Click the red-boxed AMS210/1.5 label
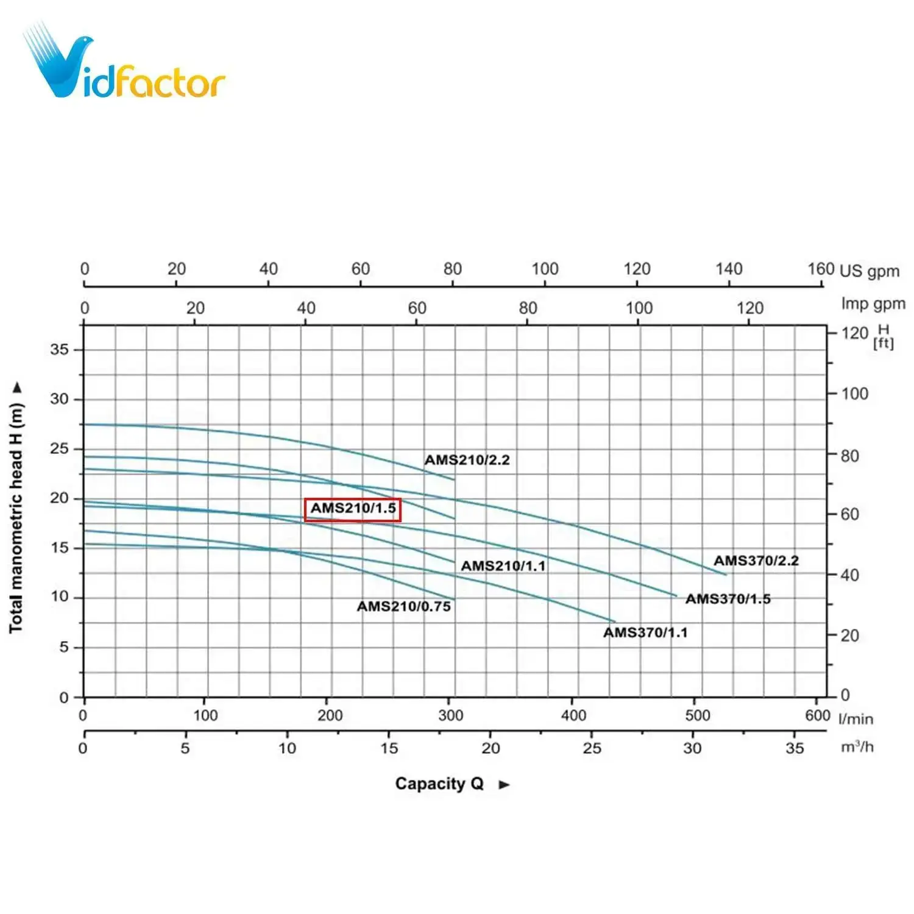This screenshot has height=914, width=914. coord(353,509)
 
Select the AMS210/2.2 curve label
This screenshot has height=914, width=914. coord(467,460)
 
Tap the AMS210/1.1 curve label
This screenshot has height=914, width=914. coord(503,566)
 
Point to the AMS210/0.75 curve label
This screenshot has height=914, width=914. coord(404,606)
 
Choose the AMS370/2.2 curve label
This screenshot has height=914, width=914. coord(756,561)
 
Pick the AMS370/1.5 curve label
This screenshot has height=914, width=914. coord(728,599)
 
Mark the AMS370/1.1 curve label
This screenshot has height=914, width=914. coord(645,632)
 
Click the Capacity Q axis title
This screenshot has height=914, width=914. coord(439,784)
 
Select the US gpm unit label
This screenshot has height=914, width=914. coord(869,271)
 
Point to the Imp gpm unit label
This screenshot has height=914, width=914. coord(873,303)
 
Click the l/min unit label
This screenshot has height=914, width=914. coord(856,719)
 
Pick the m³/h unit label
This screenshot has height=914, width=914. coord(857,746)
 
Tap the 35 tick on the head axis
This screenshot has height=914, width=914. coord(59,350)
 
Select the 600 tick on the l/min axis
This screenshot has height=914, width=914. coord(817,715)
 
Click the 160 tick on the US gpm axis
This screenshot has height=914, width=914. coord(820,269)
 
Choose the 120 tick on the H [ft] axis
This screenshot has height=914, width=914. coord(854,333)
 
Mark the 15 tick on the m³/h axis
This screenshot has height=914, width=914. coord(389,748)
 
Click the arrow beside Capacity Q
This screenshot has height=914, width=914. coord(504,785)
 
